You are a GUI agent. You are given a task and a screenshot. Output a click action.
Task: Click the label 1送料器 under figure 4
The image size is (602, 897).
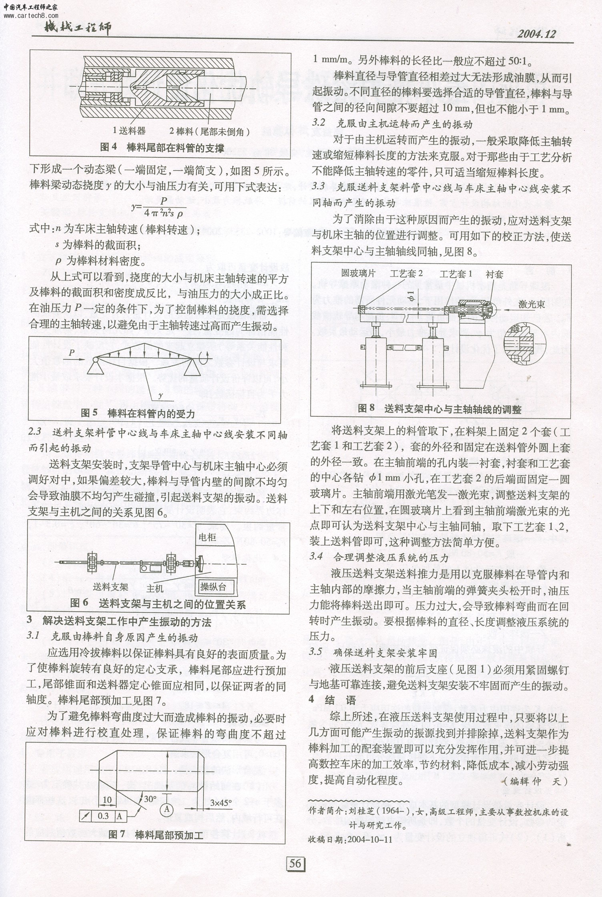pos(129,131)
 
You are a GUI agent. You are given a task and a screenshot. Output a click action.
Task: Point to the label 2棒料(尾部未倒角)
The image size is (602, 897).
pos(210,131)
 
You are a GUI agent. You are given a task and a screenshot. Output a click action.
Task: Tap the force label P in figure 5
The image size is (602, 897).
pos(71,352)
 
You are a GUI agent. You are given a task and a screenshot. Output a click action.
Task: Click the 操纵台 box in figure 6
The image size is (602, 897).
pos(213,587)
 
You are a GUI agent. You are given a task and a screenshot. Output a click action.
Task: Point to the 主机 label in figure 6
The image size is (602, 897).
pos(155,588)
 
